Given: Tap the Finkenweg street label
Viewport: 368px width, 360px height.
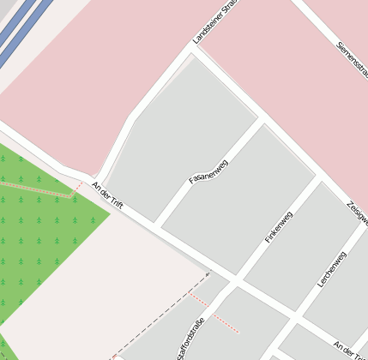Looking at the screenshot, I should [279, 226].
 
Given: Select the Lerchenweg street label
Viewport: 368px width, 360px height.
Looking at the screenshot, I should [331, 269].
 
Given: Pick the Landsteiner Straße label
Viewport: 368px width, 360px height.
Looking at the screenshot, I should [215, 22].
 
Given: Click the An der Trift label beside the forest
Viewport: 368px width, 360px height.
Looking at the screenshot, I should [108, 196].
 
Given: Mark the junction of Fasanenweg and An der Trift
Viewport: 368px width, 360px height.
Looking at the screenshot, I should [157, 225].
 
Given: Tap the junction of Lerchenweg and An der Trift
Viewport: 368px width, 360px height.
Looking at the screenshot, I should [297, 312].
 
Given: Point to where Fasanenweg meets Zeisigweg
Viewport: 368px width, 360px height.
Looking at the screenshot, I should [261, 123].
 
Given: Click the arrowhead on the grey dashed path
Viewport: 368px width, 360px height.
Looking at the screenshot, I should [207, 274].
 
